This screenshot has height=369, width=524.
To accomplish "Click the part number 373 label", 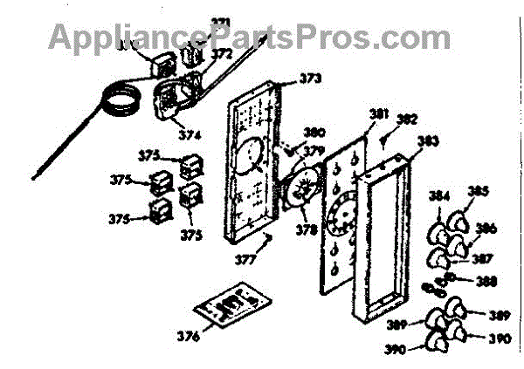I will pos(309,79).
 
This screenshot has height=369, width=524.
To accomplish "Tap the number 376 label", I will pos(188,335).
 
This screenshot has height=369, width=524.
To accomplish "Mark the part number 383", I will pos(427,140).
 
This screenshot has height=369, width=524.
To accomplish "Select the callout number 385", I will pos(479,191).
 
